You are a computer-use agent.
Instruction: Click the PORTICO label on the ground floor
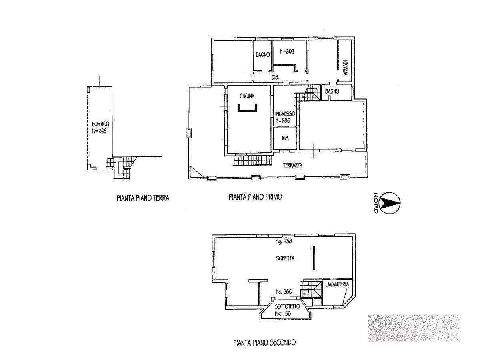100,124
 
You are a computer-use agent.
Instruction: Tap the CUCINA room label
247,96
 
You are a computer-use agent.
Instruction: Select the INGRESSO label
285,114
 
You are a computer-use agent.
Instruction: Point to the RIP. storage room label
286,138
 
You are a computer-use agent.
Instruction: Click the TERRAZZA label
292,165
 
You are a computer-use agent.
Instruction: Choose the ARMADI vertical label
345,68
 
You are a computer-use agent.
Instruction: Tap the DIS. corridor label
275,77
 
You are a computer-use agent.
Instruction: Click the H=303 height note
287,51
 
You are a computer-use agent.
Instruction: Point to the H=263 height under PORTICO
99,131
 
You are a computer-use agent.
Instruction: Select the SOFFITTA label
285,258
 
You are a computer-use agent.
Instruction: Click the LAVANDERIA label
337,284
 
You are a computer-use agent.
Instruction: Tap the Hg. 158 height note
284,241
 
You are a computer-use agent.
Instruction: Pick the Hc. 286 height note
284,291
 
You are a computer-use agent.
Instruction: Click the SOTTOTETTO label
287,306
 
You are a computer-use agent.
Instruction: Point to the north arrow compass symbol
390,202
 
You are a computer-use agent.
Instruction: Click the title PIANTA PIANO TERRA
143,198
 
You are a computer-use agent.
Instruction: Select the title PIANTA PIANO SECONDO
264,342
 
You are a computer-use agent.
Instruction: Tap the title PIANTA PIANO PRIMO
255,197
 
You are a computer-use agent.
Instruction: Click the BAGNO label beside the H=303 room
263,55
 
